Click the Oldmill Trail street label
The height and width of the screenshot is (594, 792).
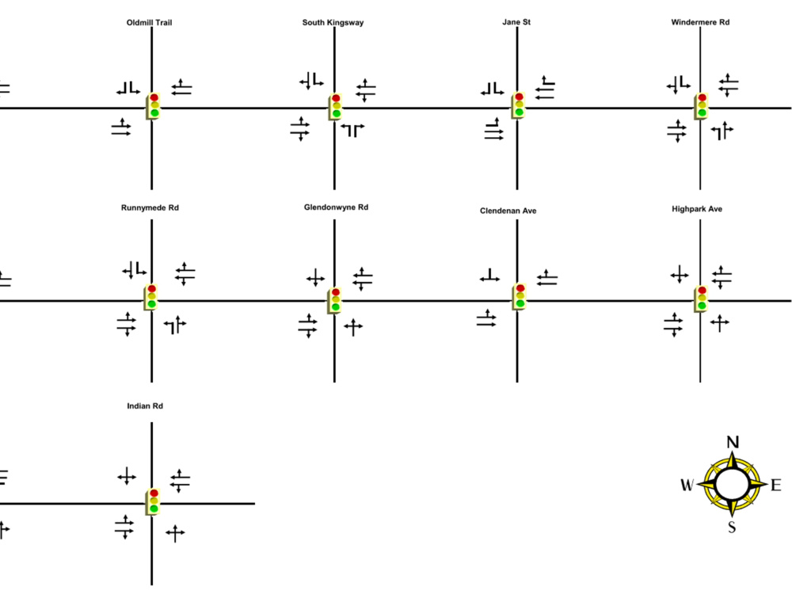click(149, 23)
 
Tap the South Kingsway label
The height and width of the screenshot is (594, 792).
click(333, 23)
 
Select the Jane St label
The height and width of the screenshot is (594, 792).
click(516, 22)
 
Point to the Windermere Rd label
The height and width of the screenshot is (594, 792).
click(700, 22)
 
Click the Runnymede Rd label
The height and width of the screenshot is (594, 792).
click(150, 208)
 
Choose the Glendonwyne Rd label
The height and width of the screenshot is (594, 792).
click(336, 208)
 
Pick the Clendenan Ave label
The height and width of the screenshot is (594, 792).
click(508, 211)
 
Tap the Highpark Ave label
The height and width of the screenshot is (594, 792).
click(696, 209)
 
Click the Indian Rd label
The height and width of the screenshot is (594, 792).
click(145, 406)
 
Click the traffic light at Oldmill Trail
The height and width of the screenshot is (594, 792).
click(153, 105)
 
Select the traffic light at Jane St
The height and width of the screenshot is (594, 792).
click(518, 105)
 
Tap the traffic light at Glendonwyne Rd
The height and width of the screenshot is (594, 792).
click(335, 300)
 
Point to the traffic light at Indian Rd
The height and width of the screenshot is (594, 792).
click(153, 501)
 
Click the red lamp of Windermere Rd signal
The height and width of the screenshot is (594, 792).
click(702, 97)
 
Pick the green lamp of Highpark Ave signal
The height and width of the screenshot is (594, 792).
click(702, 306)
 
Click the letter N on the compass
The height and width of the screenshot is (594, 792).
click(733, 443)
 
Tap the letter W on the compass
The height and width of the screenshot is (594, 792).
click(687, 485)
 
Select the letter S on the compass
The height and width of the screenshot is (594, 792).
click(732, 527)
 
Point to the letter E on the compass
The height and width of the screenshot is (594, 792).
click(776, 485)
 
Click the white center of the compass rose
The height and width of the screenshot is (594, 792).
click(732, 484)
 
